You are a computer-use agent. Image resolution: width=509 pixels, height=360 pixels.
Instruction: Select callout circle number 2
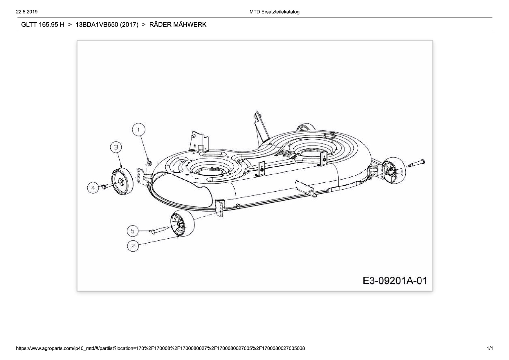133,246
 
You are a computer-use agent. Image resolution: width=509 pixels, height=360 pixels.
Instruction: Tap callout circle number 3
116,147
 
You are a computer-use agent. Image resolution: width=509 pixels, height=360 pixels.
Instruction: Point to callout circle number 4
93,188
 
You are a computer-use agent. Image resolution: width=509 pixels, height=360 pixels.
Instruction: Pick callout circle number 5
133,231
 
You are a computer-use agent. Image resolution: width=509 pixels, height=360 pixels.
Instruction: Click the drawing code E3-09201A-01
395,281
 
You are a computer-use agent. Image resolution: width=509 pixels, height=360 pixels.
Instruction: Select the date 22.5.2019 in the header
27,12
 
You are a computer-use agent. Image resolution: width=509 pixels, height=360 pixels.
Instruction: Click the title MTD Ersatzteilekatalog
274,12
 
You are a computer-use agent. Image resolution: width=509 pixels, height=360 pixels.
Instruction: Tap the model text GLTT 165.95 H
43,25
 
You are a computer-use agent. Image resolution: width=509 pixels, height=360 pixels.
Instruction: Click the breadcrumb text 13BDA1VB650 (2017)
107,25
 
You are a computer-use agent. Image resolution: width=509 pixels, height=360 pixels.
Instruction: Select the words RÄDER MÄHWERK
178,25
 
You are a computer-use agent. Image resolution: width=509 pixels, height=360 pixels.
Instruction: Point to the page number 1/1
490,348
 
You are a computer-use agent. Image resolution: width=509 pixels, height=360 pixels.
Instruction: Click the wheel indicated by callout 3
122,182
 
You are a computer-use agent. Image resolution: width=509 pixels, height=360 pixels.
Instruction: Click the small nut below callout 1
149,163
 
